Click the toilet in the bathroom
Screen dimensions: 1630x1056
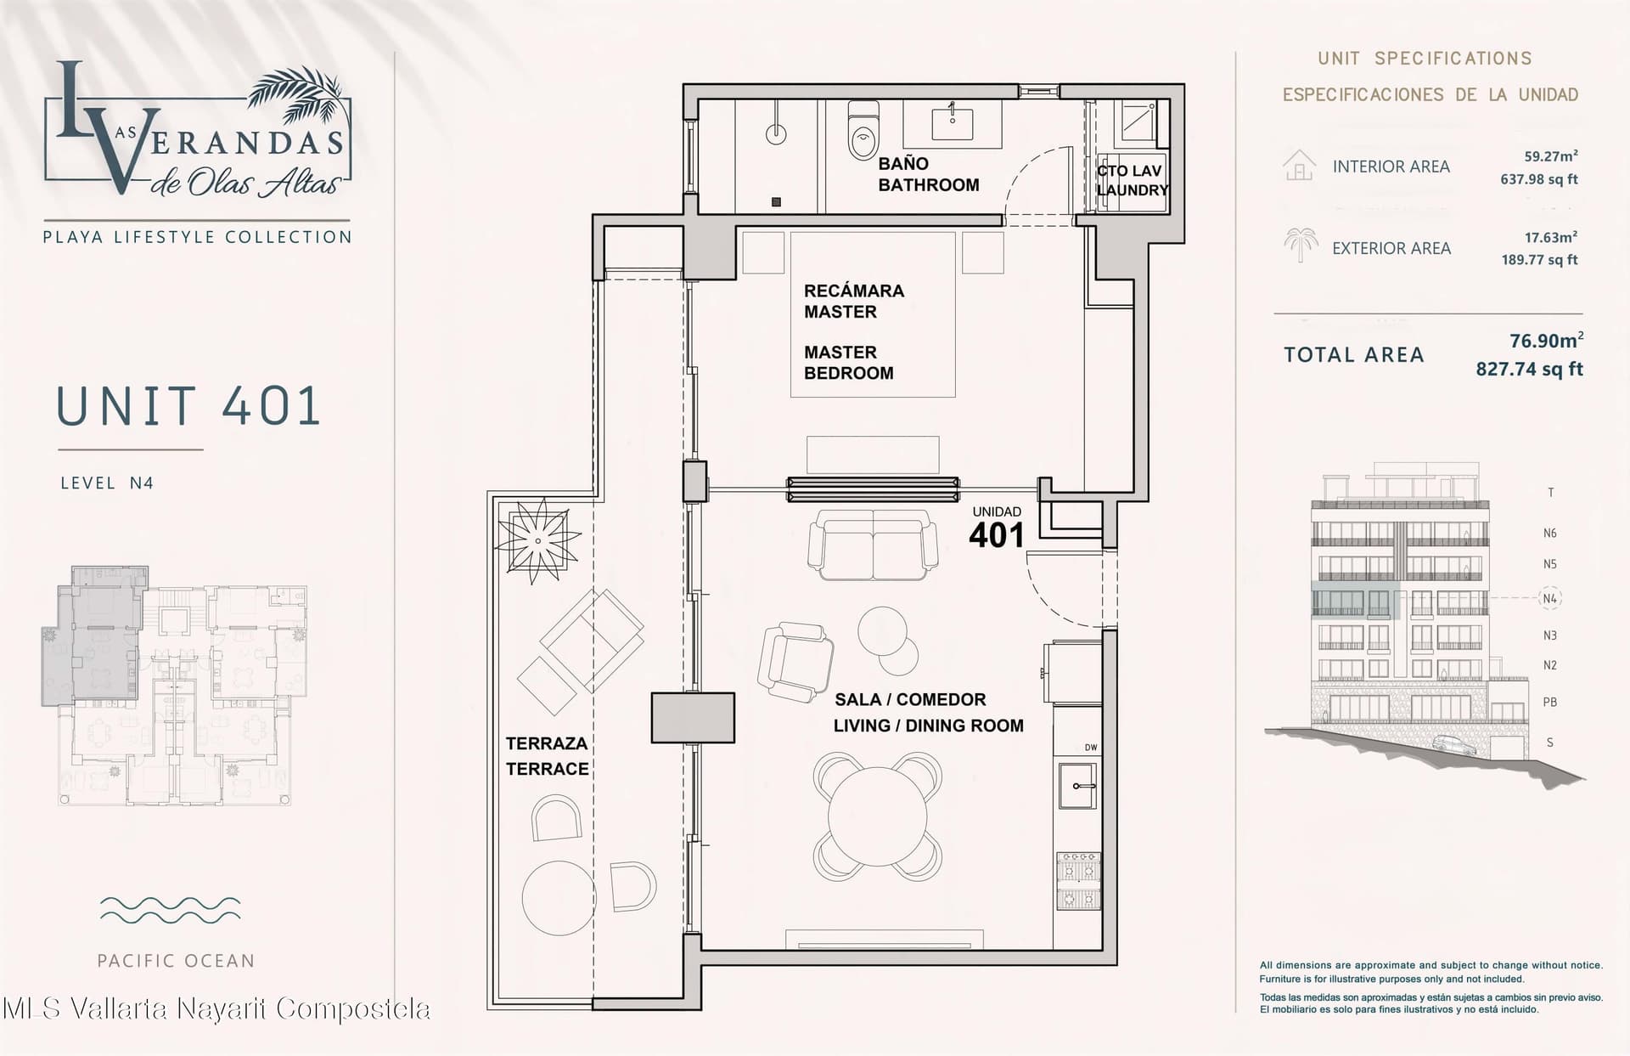pos(863,129)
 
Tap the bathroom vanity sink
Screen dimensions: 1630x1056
pos(953,122)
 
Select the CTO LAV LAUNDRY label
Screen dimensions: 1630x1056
pos(1132,180)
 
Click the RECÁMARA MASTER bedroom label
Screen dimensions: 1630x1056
pos(853,301)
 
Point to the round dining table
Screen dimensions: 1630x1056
pos(878,816)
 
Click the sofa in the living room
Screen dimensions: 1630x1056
pos(873,545)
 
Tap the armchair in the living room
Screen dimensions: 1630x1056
pos(796,658)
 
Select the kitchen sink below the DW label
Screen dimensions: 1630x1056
pos(1077,786)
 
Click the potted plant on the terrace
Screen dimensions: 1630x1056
pos(537,540)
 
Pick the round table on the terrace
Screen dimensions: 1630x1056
pos(559,898)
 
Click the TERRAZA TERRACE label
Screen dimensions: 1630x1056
pos(548,756)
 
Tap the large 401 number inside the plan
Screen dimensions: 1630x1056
pos(997,535)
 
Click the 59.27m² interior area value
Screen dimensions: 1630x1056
pos(1551,156)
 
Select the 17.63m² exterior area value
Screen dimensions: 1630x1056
pos(1551,238)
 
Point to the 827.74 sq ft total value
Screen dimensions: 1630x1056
pos(1530,369)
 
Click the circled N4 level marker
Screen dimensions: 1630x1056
pos(1550,598)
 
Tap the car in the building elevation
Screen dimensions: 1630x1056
pos(1454,745)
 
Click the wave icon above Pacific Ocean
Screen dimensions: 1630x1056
pos(170,910)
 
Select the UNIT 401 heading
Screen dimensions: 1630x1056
pos(188,406)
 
